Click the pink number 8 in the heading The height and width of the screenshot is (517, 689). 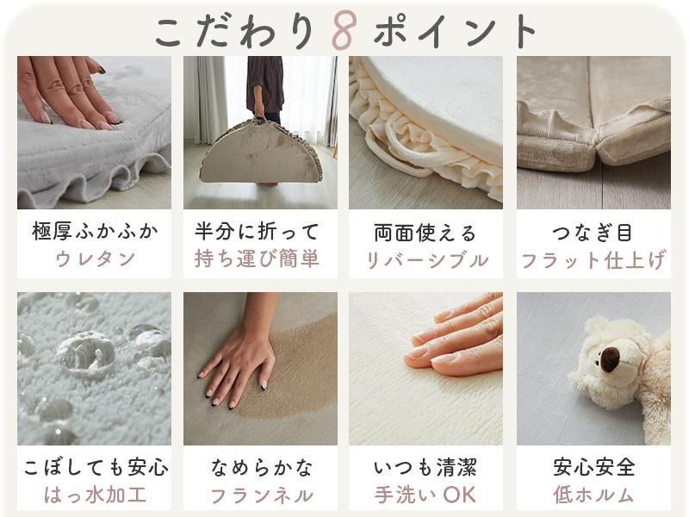coord(344,29)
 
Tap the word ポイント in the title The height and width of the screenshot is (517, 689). coord(455,31)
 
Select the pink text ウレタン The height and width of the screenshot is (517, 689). coord(95,258)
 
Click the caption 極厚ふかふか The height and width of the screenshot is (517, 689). coord(95,231)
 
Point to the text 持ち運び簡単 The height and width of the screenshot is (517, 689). coord(257,258)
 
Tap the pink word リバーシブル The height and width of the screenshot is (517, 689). coord(426,260)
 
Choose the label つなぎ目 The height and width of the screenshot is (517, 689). coord(593,232)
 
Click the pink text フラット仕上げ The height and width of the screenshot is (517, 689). coord(593,260)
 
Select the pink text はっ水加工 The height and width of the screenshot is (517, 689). coord(95,495)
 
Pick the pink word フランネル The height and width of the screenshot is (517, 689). coord(262,496)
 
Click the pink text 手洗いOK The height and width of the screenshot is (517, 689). coord(425,495)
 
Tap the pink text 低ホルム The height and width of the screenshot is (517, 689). coord(593,495)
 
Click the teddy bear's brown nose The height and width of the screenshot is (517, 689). coord(611,358)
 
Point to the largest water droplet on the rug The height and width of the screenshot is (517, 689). coord(85,351)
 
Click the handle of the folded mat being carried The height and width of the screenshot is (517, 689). coord(261,120)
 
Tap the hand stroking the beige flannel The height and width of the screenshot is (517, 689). coord(239,365)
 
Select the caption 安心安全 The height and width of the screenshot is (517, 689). coord(594,467)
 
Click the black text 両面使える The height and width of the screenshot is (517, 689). coord(425,232)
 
